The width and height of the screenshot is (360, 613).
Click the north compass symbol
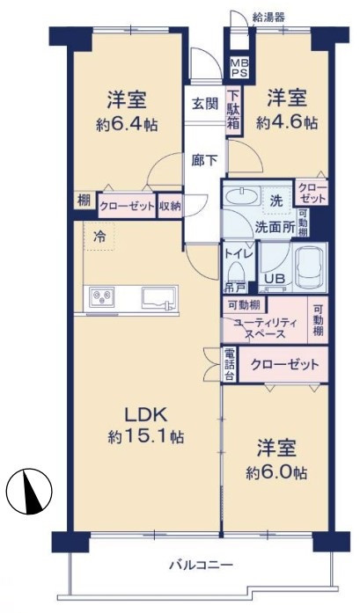pos(29,491)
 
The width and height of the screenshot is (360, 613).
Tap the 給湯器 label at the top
pos(268,18)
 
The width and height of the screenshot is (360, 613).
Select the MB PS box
pos(239,68)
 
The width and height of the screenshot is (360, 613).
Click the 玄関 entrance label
pos(205,104)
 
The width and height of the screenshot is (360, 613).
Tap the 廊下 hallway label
pos(204,160)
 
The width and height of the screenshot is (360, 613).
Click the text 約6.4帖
pos(127,125)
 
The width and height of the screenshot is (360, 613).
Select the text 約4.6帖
pos(286,123)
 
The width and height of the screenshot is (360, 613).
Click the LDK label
pos(146,414)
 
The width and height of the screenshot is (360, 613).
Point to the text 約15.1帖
pos(146,436)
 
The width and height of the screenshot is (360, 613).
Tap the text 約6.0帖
pos(276,473)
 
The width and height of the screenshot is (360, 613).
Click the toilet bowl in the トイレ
pos(235,272)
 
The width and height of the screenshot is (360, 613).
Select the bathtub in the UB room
pos(309,267)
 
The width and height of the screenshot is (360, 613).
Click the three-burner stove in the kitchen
pos(102,297)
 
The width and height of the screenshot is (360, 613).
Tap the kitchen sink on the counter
pos(157,298)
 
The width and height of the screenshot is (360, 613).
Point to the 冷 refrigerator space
pos(99,237)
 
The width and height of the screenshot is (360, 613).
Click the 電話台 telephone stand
pos(230,365)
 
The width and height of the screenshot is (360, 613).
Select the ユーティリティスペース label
pos(265,328)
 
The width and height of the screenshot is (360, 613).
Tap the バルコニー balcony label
pos(202,565)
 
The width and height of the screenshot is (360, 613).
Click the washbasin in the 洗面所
pos(241,195)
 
